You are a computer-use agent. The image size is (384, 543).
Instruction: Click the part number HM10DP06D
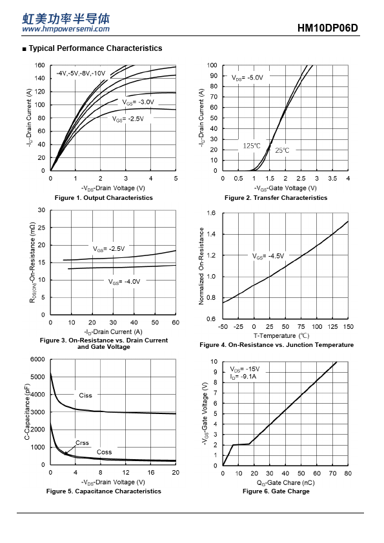327,28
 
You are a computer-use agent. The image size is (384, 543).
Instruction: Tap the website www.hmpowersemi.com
66,29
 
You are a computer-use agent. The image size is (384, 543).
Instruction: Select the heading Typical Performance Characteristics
96,48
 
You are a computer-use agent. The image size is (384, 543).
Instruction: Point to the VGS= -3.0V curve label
138,102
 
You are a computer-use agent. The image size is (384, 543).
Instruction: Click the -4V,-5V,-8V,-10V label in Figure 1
81,74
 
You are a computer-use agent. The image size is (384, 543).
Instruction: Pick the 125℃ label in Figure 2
252,146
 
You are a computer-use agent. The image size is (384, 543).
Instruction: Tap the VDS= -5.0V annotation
247,78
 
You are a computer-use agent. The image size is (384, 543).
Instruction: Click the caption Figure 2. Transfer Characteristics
276,198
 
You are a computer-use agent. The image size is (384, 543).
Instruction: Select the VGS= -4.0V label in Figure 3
124,282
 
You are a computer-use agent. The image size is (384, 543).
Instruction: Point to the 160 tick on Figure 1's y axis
40,65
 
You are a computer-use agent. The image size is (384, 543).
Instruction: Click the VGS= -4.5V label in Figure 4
268,256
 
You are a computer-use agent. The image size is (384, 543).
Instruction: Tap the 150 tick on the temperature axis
349,326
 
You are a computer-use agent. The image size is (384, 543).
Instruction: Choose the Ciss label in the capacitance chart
85,395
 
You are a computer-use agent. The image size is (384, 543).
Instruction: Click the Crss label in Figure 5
82,443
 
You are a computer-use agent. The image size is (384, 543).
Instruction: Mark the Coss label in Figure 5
104,452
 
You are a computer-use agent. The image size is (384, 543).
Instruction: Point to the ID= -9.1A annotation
243,377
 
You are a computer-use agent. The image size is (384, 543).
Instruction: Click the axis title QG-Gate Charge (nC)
285,483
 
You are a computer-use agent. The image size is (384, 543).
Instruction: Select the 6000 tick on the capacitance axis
37,359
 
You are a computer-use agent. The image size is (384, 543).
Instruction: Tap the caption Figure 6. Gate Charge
276,491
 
